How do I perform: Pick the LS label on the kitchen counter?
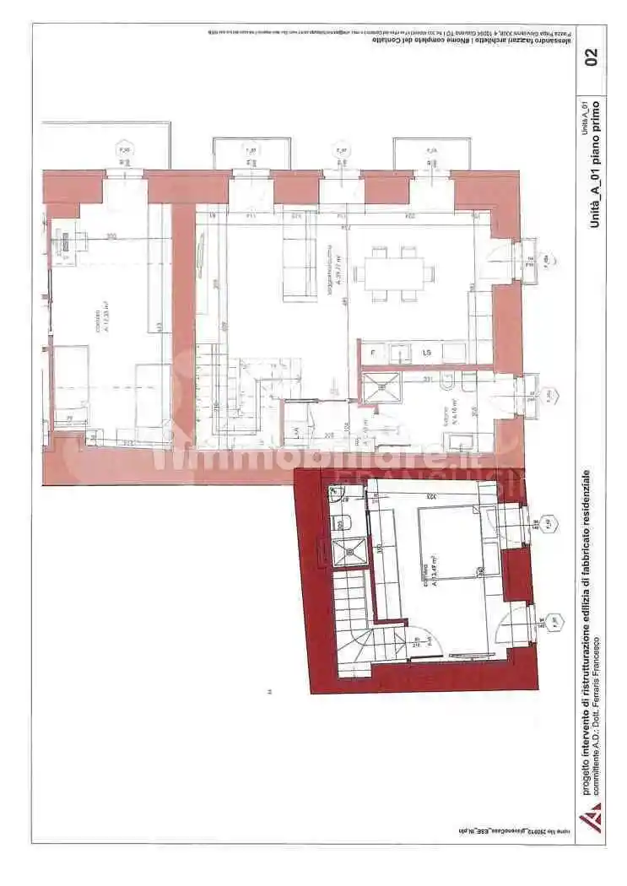click(428, 351)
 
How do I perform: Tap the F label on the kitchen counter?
click(374, 350)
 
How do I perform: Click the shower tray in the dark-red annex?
click(346, 552)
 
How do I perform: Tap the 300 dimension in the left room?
click(111, 237)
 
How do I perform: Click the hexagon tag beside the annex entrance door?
click(554, 621)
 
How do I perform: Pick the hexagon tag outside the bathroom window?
click(549, 393)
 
